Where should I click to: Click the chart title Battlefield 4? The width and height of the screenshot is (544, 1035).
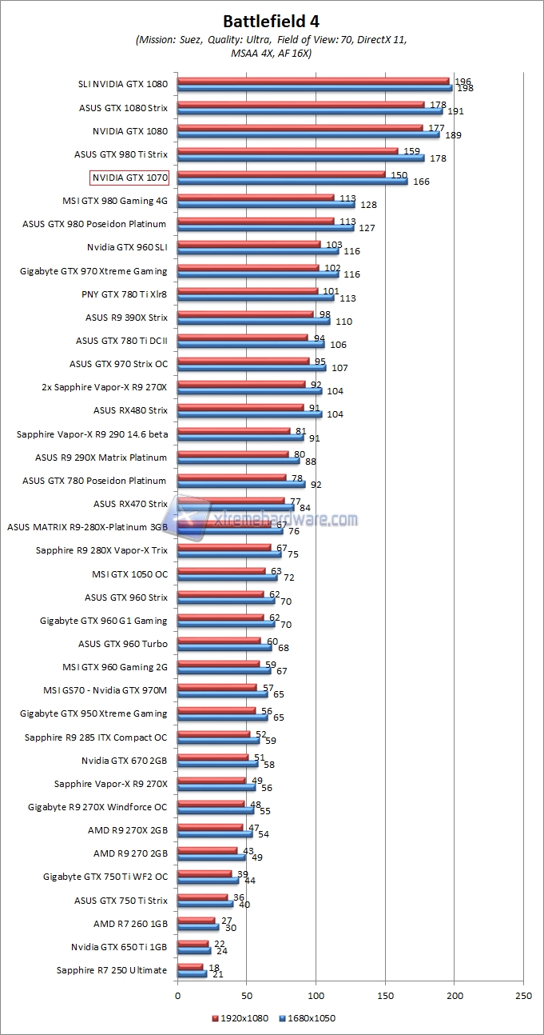click(x=272, y=21)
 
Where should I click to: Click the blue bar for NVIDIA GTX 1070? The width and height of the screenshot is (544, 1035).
click(x=292, y=182)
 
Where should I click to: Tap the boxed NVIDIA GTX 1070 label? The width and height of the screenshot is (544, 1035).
click(x=129, y=178)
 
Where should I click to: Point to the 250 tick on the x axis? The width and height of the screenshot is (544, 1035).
click(x=524, y=997)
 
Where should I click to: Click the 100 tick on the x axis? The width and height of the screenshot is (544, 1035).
click(x=316, y=997)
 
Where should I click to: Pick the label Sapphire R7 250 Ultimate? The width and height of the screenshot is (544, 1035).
click(x=112, y=970)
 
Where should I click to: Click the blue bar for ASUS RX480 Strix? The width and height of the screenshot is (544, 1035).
click(x=249, y=414)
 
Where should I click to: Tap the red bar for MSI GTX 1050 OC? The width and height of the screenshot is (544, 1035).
click(x=221, y=570)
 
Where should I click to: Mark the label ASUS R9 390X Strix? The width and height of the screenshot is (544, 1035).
click(x=126, y=318)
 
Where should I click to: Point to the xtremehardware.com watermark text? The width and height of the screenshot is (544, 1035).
click(x=287, y=520)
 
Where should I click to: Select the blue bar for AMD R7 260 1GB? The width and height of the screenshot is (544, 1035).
click(x=198, y=927)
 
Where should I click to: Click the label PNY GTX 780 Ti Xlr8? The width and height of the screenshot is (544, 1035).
click(x=125, y=294)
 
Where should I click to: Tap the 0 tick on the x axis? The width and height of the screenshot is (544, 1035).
click(x=177, y=997)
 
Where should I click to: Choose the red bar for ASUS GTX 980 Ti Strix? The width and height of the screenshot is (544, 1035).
click(x=288, y=150)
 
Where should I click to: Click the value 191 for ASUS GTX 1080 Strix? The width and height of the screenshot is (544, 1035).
click(x=455, y=112)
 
